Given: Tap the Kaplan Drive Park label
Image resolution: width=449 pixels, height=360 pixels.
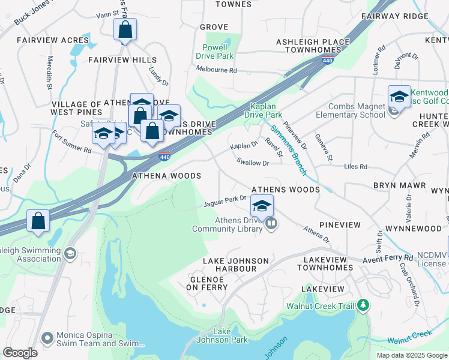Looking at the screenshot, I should tap(266, 110).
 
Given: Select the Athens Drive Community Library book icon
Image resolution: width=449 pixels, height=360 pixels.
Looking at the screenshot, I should tap(271, 224).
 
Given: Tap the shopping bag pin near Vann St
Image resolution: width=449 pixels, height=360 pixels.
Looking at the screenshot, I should tap(125, 30).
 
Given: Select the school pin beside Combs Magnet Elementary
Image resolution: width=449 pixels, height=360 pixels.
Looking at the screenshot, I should tap(399, 97).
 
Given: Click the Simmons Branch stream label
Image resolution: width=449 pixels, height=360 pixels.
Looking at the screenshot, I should tap(289, 151).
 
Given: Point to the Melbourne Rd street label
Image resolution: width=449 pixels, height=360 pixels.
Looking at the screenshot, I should tap(217, 70).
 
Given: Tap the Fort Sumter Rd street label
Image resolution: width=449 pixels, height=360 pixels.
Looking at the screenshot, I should tap(71, 142).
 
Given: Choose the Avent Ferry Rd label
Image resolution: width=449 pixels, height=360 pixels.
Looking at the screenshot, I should tap(388, 258).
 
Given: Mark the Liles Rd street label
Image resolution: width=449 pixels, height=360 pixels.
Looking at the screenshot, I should tap(355, 166).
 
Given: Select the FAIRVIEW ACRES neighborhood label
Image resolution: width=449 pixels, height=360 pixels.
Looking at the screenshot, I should tap(53, 40).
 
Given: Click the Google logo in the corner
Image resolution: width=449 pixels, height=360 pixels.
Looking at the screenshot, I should tap(20, 353).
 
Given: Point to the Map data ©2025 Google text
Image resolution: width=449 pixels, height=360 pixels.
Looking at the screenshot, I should tap(411, 355).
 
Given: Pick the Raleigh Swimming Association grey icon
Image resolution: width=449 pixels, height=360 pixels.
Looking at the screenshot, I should tap(70, 254).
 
